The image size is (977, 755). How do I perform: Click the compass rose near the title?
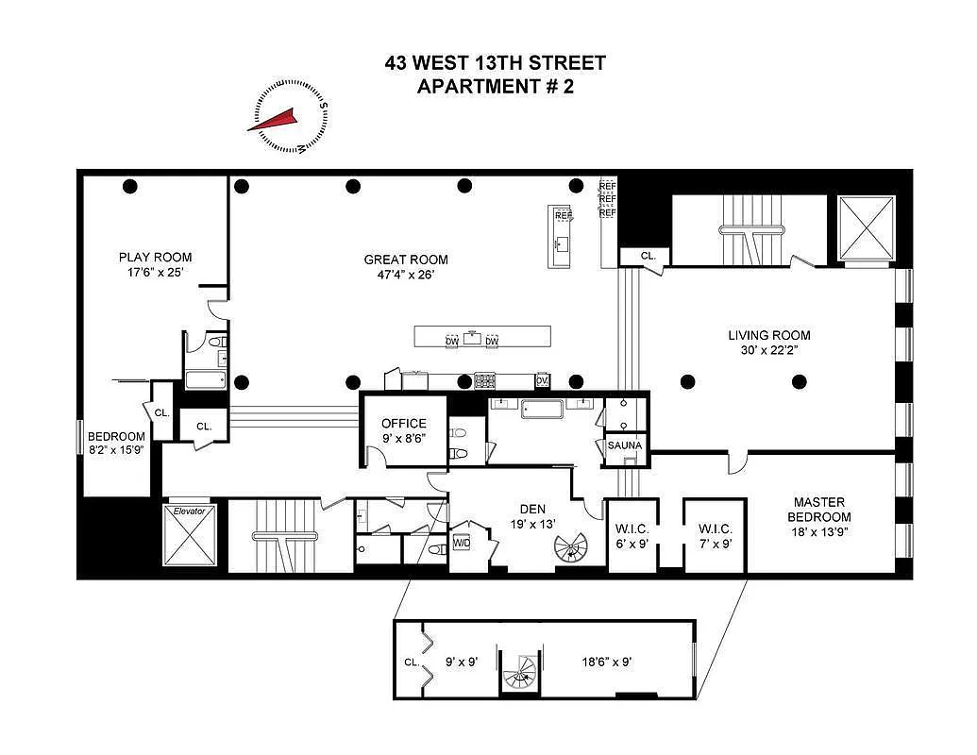coord(287,117)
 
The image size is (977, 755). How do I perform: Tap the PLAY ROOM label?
coord(155,257)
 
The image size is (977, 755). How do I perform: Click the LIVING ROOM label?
coord(768,335)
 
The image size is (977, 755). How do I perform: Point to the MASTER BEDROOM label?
coord(818,510)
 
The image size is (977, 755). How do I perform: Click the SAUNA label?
coord(624,445)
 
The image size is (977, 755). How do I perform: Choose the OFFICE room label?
coord(403,424)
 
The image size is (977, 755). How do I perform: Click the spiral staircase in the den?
coord(569,548)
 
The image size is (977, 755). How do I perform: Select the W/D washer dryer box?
coord(463,544)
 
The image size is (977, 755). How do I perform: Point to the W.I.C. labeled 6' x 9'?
coord(631,534)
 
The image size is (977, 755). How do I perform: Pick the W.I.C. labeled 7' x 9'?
coord(714,534)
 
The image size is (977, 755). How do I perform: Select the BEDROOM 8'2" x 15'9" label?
coord(117,445)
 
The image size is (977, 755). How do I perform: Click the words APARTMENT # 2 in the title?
coord(495,87)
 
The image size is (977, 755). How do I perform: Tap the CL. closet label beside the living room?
coord(648,255)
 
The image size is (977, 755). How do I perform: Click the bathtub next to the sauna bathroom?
coord(534,410)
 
